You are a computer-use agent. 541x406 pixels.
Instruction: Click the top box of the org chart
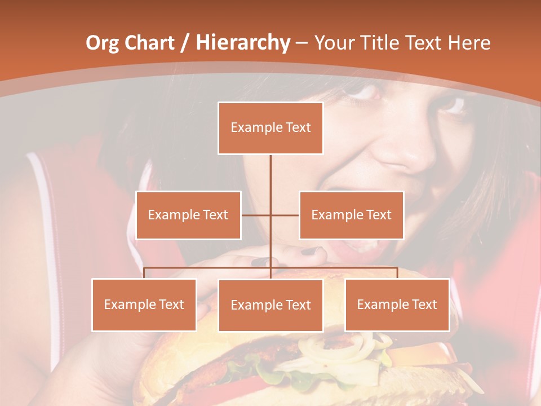tap(270, 128)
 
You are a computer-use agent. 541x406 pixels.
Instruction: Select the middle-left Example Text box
tap(188, 215)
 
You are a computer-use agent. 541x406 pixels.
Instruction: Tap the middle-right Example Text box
tap(351, 215)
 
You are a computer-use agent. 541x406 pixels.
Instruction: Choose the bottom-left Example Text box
tap(144, 304)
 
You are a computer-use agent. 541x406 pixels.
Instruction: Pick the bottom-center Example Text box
tap(270, 305)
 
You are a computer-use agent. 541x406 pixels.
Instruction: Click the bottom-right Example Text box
tap(397, 304)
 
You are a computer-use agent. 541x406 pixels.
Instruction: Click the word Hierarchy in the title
tap(243, 42)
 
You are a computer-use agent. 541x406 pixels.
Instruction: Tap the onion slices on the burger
tap(338, 350)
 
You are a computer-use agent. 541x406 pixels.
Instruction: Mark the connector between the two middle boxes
tap(270, 215)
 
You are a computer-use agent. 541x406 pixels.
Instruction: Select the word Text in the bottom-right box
tap(424, 304)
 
